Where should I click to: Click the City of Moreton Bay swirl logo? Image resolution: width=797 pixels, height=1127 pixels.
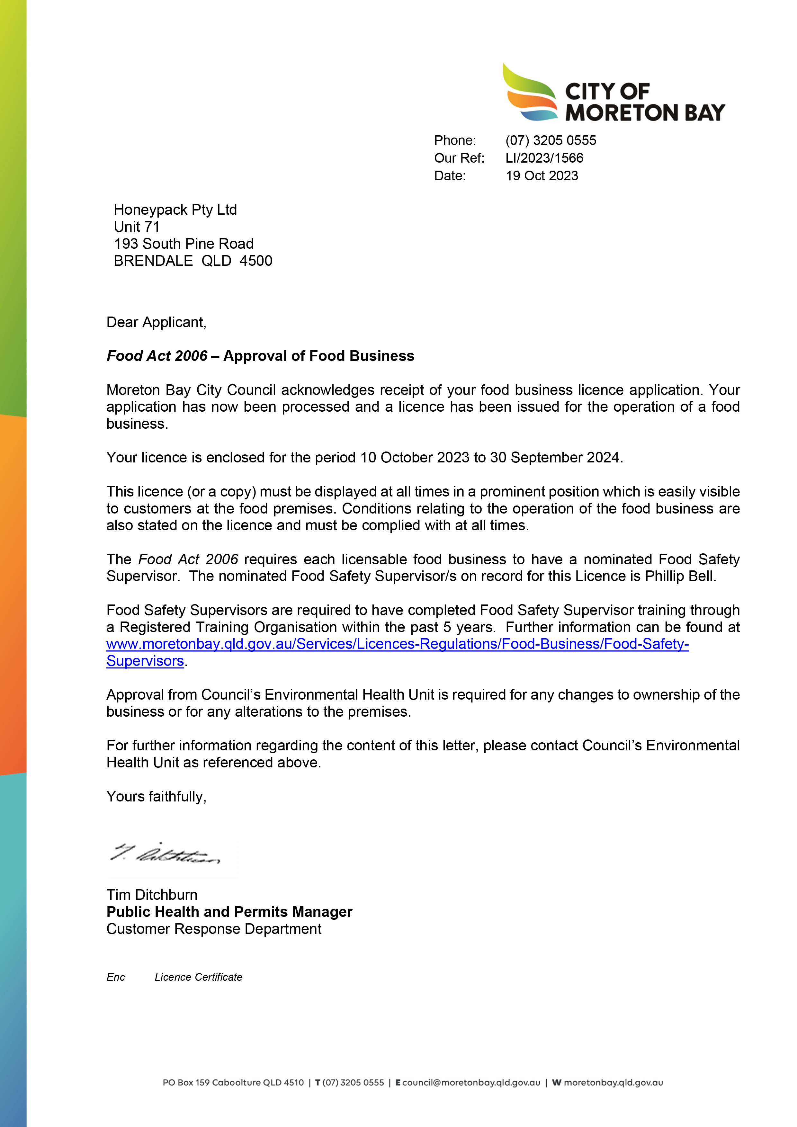coord(530,93)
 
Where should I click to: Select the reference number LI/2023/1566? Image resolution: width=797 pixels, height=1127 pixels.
coord(544,158)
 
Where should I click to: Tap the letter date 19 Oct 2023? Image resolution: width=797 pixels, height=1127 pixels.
coord(542,176)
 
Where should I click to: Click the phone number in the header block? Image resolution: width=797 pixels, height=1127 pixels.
coord(551,140)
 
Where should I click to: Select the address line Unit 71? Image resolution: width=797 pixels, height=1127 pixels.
coord(137,227)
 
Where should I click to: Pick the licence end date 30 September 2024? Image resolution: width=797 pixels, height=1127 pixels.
coord(556,458)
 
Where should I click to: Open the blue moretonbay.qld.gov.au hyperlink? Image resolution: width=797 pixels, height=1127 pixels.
coord(398,644)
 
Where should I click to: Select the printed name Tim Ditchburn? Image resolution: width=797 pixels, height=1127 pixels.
coord(152,895)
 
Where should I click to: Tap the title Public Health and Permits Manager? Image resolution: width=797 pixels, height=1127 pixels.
coord(229,912)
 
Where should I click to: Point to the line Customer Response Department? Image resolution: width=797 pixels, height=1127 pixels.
coord(214,929)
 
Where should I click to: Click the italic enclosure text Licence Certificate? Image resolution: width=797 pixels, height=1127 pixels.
coord(198,977)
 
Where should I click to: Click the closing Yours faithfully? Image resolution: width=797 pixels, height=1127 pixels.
coord(156,797)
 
